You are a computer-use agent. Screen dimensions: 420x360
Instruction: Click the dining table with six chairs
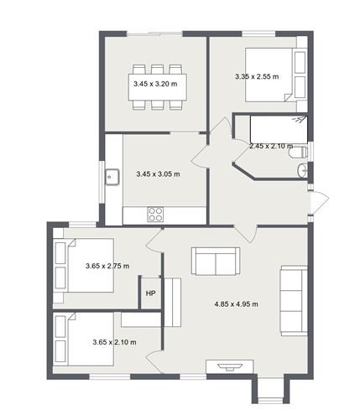click(157, 85)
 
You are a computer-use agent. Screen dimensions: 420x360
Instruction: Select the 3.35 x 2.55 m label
click(257, 77)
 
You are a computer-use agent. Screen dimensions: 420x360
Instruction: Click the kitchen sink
click(112, 177)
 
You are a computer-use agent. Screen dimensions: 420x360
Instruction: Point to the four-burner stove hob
click(156, 214)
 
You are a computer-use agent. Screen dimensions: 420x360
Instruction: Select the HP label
click(150, 293)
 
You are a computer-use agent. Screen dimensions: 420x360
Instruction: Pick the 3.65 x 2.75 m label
click(107, 266)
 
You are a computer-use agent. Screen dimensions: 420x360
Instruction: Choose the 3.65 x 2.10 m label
click(114, 341)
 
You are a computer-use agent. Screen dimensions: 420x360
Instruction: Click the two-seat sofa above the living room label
click(216, 261)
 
